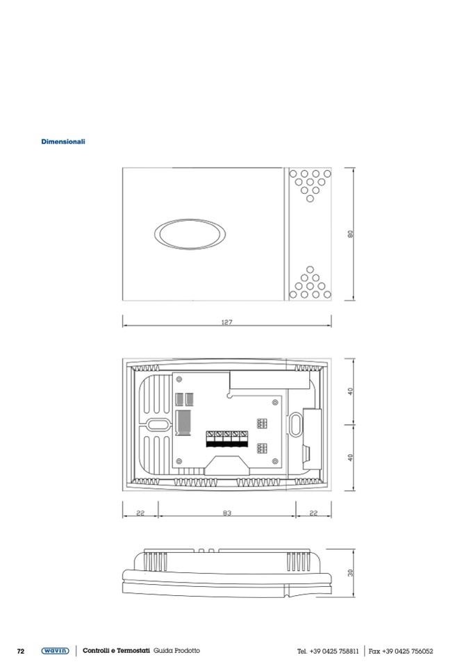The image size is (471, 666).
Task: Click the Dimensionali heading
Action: click(63, 142)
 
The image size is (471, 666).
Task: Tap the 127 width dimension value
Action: click(227, 322)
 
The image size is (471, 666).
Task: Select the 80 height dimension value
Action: click(350, 234)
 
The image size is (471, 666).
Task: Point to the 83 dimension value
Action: click(227, 513)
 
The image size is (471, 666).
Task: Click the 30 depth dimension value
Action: click(350, 572)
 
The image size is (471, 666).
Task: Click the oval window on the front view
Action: click(190, 234)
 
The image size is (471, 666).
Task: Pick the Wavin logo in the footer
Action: click(55, 651)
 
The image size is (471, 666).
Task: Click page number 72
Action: click(21, 651)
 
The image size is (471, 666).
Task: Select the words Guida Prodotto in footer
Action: click(176, 651)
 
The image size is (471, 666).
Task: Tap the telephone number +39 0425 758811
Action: click(334, 651)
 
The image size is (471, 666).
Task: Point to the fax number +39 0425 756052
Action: click(408, 651)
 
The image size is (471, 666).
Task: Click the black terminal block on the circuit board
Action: click(227, 439)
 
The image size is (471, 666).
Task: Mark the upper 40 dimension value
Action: click(350, 391)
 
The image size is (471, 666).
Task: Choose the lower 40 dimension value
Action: click(350, 458)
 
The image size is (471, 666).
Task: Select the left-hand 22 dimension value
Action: click(140, 513)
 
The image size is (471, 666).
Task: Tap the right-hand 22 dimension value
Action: click(313, 513)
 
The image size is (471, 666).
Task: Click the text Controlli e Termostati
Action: click(117, 651)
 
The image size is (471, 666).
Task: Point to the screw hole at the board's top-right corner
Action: click(275, 402)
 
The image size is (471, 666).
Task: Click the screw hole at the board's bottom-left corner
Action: click(179, 461)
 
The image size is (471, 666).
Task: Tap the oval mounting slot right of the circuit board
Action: click(295, 424)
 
